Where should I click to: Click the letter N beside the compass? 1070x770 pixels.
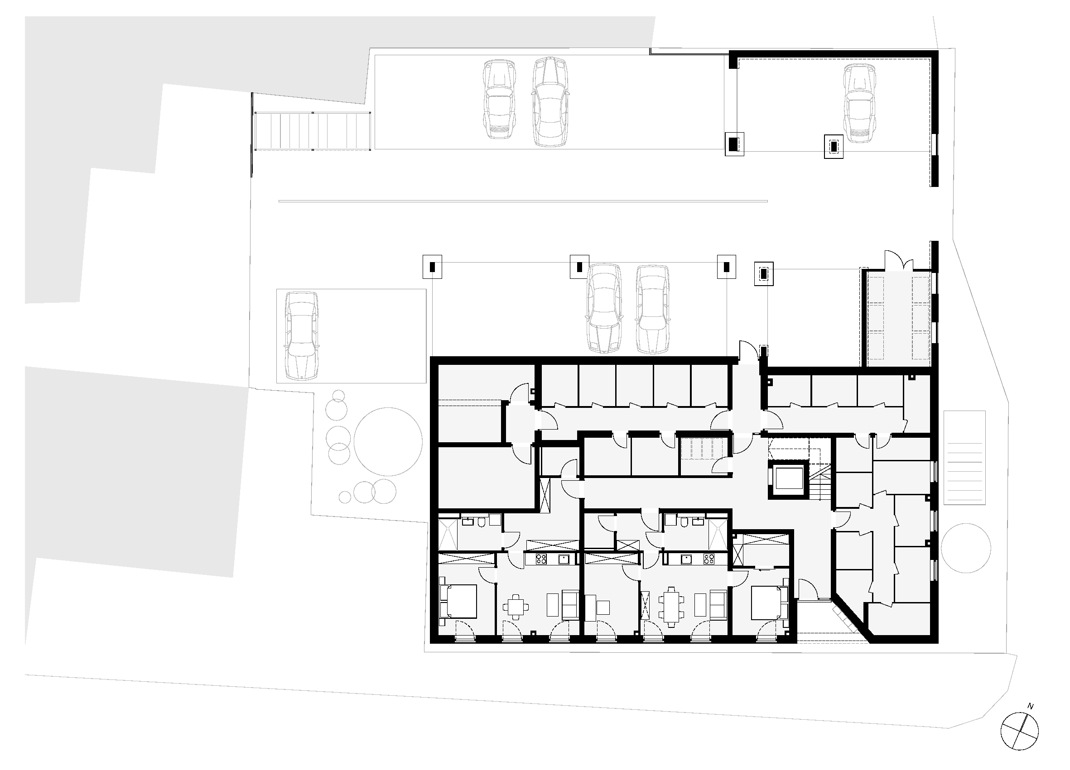click(x=1031, y=720)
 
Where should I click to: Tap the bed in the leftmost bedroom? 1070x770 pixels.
click(x=458, y=601)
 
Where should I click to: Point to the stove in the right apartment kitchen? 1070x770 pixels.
click(x=708, y=559)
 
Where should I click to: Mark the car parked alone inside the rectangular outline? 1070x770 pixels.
click(x=301, y=336)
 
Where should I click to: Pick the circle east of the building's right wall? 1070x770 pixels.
click(x=966, y=548)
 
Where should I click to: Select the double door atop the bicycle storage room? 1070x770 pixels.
click(x=899, y=260)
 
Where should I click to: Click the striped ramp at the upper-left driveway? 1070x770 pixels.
click(x=312, y=131)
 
